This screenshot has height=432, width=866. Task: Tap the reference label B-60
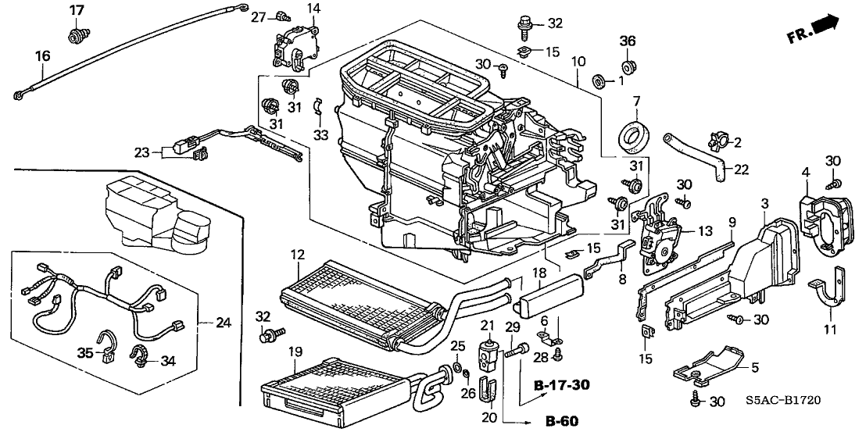coord(562,422)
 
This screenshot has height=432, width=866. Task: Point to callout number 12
coord(298,255)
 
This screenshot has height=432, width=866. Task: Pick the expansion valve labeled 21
coord(488,352)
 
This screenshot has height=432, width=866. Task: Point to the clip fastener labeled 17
coord(75,37)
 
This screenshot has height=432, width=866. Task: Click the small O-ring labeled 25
coord(458,367)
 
